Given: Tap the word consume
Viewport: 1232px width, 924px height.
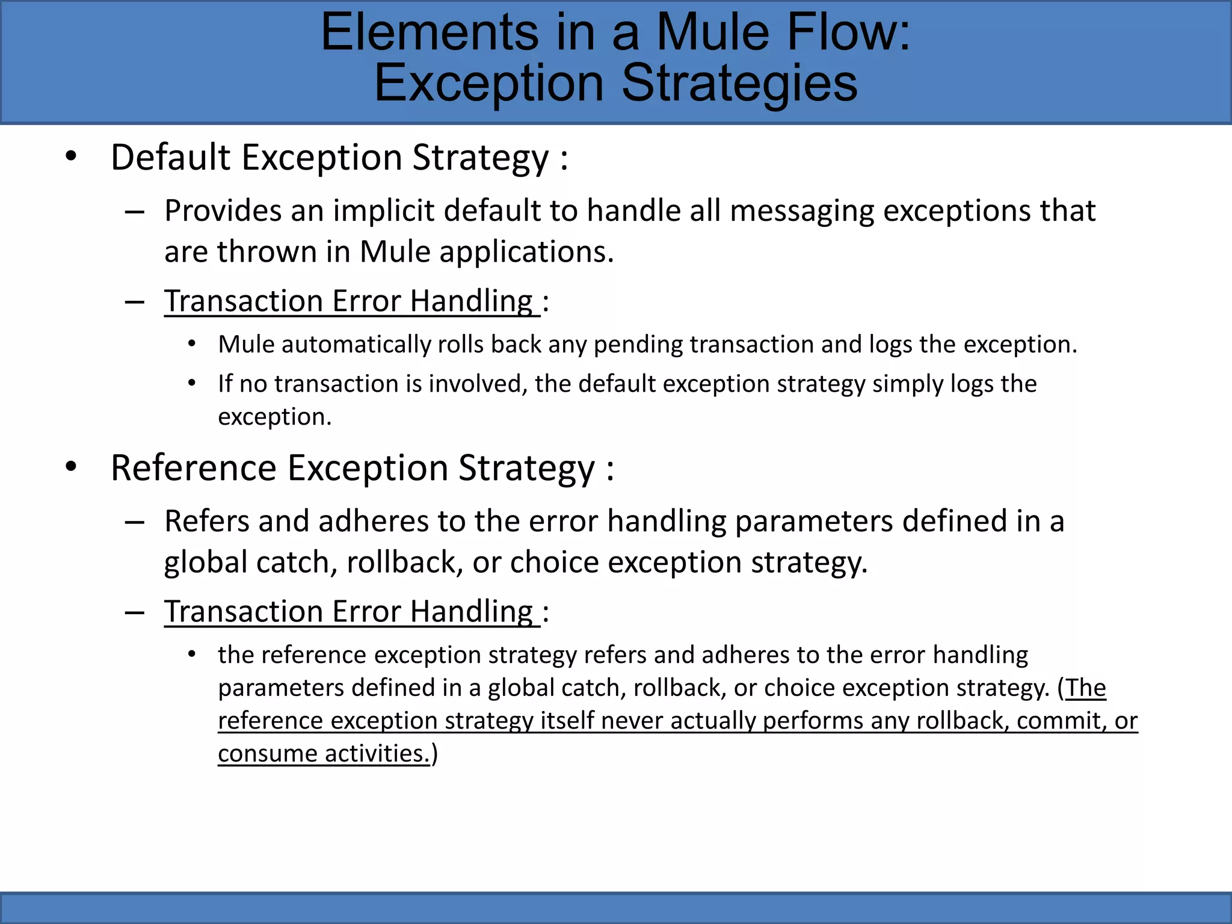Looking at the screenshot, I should coord(267,754).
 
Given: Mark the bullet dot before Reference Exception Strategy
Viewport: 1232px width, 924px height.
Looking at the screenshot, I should coord(71,467).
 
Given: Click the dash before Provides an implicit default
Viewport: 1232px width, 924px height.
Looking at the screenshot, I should coord(134,212).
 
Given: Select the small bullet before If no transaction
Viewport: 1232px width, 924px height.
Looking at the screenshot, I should coord(192,383).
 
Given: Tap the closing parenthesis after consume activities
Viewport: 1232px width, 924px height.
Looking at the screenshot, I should coord(434,754).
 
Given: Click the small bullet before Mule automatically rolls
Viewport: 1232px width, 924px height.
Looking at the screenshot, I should coord(192,344).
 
